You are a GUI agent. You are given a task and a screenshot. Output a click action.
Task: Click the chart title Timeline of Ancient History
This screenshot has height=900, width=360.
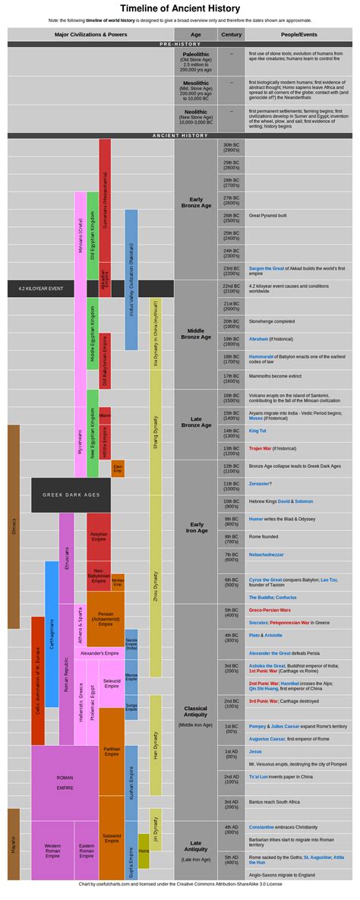pos(180,8)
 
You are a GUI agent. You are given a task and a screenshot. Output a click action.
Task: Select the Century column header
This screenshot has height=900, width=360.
pos(231,34)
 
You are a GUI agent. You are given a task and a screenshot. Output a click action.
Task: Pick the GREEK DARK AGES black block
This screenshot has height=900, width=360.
pos(71,494)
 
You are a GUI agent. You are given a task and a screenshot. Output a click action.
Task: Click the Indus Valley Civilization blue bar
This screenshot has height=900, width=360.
pos(131,279)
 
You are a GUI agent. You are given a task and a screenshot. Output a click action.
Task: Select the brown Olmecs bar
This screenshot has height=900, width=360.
pos(14,526)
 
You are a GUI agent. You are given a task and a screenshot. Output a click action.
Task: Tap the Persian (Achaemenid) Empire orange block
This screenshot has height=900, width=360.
pos(106,619)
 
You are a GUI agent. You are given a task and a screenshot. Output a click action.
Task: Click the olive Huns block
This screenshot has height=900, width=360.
pos(144,851)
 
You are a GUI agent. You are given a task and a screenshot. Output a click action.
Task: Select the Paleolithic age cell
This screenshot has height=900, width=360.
pos(196,62)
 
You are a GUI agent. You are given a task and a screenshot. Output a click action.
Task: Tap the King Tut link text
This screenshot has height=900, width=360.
pos(257,431)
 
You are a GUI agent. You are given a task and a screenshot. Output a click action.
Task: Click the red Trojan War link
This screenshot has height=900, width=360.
pos(260,448)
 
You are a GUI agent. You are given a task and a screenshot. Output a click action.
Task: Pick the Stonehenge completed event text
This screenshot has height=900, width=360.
pos(272,321)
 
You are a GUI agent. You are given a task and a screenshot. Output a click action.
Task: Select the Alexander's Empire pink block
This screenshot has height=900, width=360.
pos(99,653)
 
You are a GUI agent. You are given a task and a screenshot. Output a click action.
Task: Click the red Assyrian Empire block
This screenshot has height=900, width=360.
pos(99,536)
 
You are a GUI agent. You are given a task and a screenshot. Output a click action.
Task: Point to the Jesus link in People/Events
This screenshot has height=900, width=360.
pos(254,751)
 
